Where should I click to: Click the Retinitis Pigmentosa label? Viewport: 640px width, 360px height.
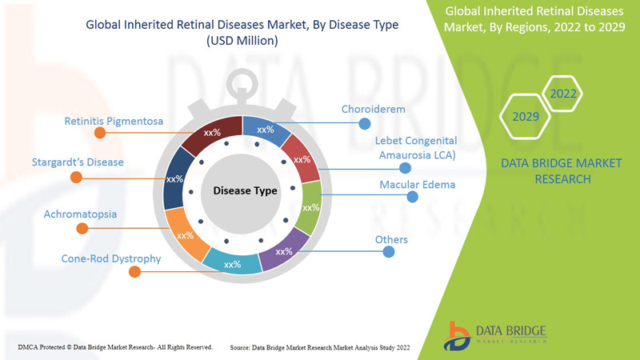pyautogui.click(x=114, y=122)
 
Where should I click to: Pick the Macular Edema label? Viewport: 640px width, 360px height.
pyautogui.click(x=417, y=185)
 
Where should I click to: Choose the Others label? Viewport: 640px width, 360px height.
pyautogui.click(x=391, y=239)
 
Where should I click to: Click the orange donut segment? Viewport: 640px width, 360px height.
pyautogui.click(x=186, y=235)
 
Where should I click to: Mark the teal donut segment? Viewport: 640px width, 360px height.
pyautogui.click(x=231, y=262)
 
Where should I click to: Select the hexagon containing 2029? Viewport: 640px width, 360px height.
pyautogui.click(x=526, y=117)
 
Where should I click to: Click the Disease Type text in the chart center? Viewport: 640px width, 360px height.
pyautogui.click(x=245, y=191)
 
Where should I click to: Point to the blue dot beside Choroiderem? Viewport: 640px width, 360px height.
pyautogui.click(x=365, y=123)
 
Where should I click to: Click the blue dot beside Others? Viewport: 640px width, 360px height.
pyautogui.click(x=389, y=252)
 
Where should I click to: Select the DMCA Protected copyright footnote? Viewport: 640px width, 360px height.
pyautogui.click(x=115, y=346)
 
